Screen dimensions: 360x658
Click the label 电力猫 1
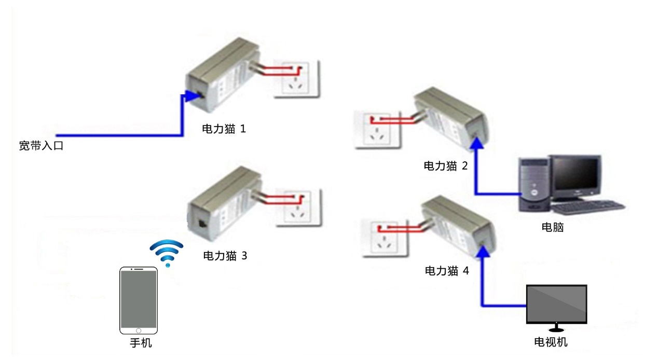click(223, 129)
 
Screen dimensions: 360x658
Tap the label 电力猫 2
click(446, 165)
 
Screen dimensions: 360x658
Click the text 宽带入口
click(41, 145)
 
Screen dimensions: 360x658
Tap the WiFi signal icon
click(167, 252)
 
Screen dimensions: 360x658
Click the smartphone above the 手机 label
click(139, 301)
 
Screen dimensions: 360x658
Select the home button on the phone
click(139, 330)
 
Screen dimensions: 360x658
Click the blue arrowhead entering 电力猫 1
click(186, 95)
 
